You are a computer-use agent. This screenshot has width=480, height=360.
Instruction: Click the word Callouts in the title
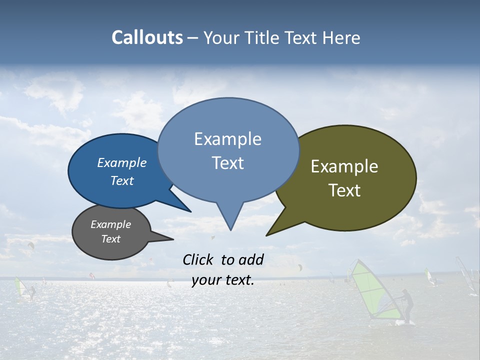[147, 38]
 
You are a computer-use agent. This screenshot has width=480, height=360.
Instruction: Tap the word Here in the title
[342, 38]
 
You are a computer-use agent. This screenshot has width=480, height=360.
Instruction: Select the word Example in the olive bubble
[344, 166]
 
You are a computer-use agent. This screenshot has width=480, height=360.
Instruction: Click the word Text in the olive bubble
[344, 190]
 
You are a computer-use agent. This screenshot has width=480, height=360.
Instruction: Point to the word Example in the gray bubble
[110, 224]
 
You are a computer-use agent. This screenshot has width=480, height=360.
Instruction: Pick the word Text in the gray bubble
[110, 239]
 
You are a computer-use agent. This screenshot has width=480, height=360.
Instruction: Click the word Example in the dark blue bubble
[121, 162]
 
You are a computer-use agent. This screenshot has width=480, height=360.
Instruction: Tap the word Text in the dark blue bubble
[121, 180]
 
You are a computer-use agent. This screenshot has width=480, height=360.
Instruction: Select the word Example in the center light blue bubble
[227, 139]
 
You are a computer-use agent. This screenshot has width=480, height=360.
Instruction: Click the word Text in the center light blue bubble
[227, 163]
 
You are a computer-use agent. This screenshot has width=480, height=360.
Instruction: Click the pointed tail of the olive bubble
[268, 234]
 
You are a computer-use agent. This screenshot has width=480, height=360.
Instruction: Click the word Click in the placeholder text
[198, 259]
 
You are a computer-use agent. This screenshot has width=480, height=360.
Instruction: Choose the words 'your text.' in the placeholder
[223, 280]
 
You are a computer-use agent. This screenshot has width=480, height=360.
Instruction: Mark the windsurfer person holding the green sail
[407, 306]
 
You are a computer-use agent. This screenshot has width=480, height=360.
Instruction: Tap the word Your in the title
[221, 38]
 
